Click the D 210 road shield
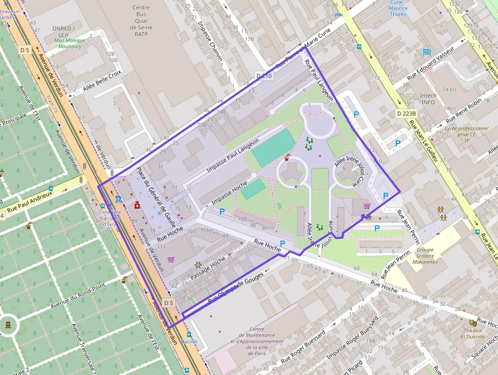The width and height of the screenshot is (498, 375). coord(264,76)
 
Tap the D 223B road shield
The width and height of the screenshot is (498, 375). coord(407,113)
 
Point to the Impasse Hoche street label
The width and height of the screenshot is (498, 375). coord(229,194)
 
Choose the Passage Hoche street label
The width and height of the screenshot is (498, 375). coord(208,268)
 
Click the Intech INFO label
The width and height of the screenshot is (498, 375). coord(428,99)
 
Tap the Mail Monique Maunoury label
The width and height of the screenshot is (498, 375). coord(68,43)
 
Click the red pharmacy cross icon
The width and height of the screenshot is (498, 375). coord(137,205)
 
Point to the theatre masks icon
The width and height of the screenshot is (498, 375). coord(473,323)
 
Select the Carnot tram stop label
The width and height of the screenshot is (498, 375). coord(189,341)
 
